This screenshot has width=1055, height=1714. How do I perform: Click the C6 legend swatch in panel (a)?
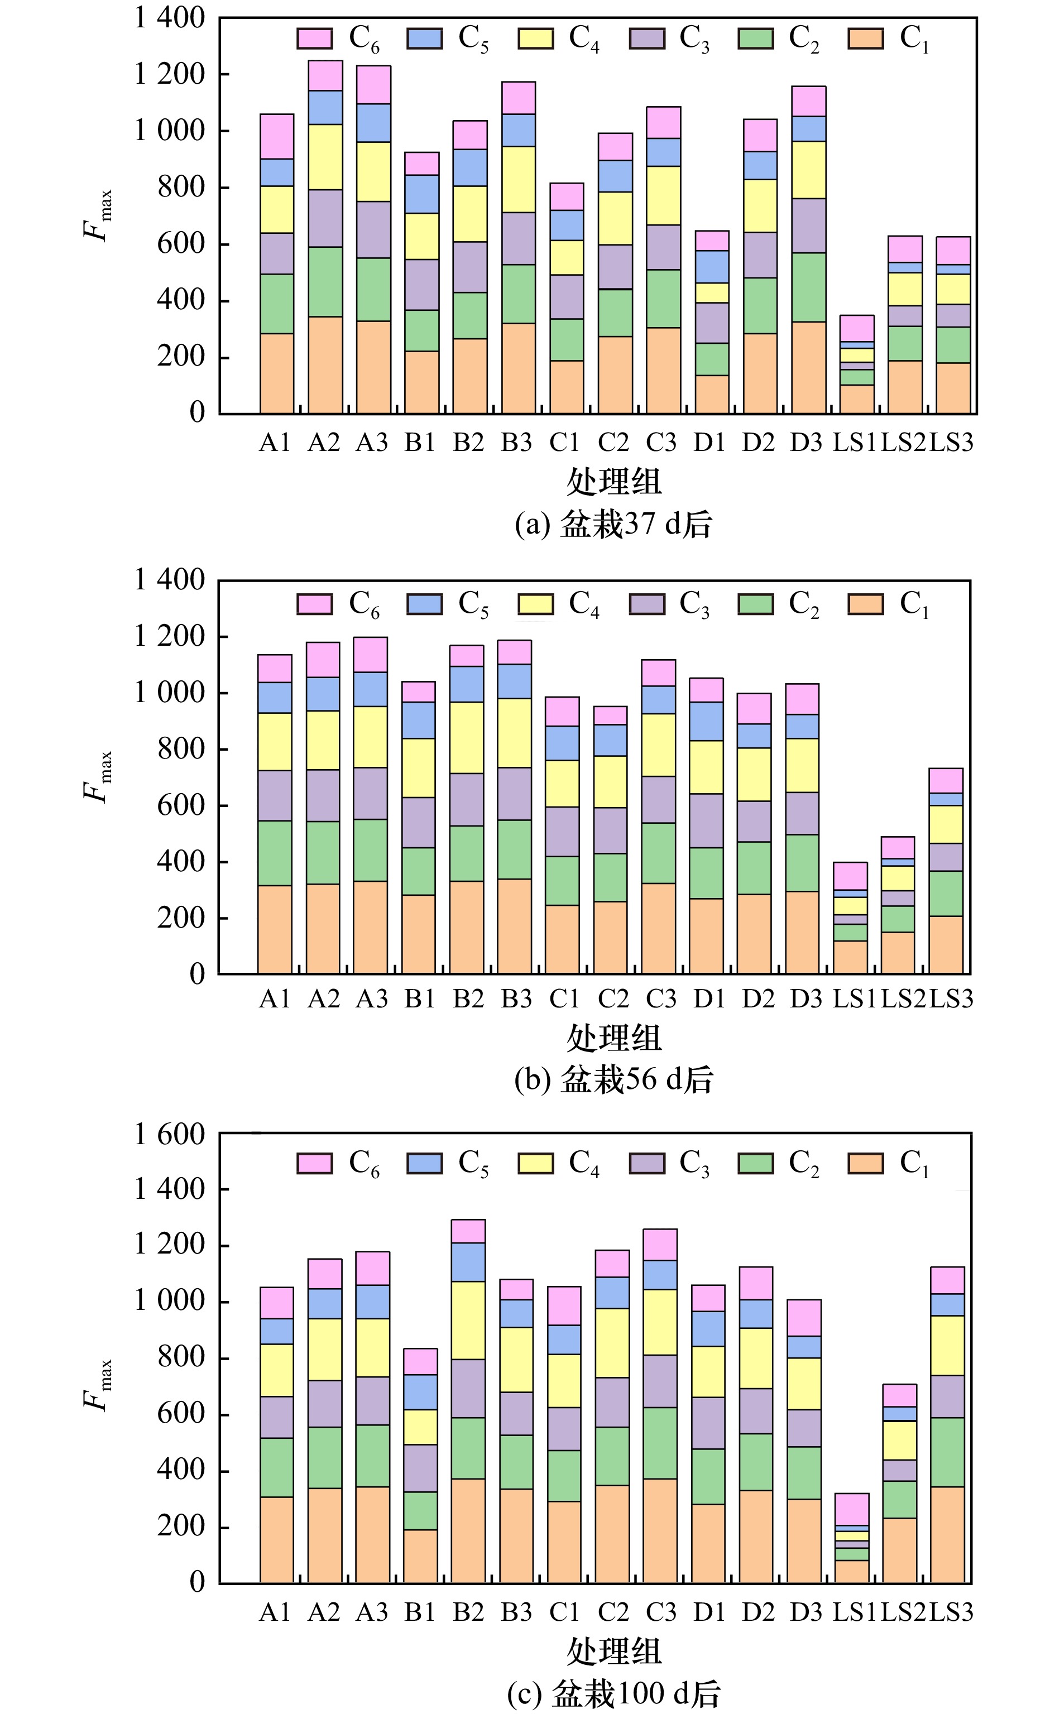[315, 39]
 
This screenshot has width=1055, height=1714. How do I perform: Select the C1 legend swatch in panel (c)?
[866, 1163]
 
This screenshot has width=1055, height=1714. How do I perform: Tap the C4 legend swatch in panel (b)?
[535, 603]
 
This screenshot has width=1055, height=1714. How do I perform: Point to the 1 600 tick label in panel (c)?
[170, 1135]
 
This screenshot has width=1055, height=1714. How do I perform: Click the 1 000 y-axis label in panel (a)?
[170, 131]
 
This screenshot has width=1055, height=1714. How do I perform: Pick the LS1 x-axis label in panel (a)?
[854, 442]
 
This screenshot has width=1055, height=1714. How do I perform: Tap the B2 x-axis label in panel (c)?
[468, 1612]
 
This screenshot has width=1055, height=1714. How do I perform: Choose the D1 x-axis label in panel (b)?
[709, 999]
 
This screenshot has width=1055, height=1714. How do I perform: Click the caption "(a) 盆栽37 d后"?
[613, 525]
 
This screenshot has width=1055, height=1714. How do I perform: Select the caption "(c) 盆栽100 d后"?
[613, 1693]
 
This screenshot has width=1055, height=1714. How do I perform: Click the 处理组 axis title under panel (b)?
[613, 1038]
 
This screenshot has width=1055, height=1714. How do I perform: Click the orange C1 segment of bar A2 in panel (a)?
[325, 365]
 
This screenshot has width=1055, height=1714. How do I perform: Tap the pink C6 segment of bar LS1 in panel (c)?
[852, 1509]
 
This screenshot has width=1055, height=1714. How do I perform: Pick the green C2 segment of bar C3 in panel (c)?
[660, 1443]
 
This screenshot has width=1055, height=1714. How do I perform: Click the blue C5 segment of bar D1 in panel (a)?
[712, 266]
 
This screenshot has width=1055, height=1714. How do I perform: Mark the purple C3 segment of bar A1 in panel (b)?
[275, 795]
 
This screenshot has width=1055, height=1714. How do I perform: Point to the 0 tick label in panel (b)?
[198, 974]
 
